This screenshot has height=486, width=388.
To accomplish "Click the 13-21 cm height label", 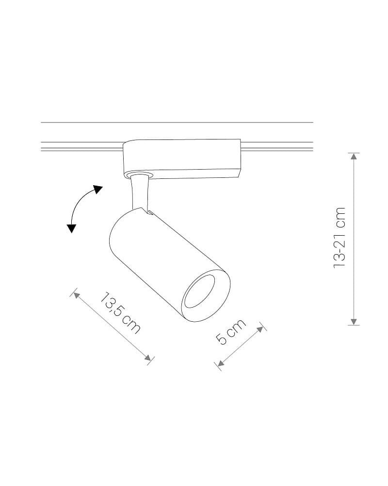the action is [x=339, y=238].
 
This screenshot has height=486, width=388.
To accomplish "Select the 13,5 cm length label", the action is [x=120, y=312].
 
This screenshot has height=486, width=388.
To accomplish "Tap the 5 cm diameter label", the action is [x=230, y=331].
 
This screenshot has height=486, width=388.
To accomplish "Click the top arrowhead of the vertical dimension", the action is [x=354, y=156].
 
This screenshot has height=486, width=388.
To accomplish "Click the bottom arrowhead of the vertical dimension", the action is [x=354, y=322].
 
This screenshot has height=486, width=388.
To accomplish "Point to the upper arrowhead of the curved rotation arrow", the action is [x=98, y=190].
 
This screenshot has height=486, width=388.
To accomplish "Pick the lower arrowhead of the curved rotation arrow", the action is [x=71, y=228].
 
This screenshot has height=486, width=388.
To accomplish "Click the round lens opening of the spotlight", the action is [x=198, y=291].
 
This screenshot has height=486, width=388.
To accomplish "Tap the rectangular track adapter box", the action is [x=182, y=159].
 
